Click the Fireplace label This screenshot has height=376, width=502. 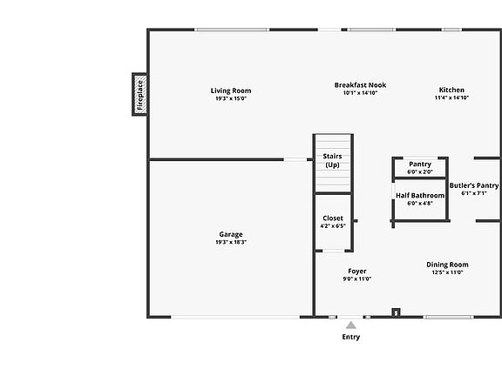tap(140, 95)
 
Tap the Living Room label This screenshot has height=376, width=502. tap(231, 91)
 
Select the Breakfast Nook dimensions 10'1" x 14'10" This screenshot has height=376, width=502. tap(360, 93)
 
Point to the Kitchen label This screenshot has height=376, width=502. tap(451, 90)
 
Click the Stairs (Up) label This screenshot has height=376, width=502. tap(332, 160)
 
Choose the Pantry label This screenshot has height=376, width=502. tap(420, 164)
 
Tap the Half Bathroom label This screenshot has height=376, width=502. tap(420, 195)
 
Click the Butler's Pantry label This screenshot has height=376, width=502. tap(474, 185)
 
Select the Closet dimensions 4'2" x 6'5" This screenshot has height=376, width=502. tap(333, 226)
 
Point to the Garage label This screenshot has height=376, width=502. tap(231, 235)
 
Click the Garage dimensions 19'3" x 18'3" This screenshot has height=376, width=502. tap(231, 242)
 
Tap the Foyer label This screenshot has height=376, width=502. tap(357, 272)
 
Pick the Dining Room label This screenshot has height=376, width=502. tap(447, 265)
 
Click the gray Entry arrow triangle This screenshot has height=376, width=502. tap(351, 326)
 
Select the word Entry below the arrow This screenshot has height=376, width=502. tap(351, 337)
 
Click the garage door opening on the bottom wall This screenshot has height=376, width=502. tap(235, 317)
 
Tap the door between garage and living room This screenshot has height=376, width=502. tap(295, 159)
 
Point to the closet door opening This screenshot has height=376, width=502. tap(333, 252)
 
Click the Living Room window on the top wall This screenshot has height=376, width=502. tap(232, 30)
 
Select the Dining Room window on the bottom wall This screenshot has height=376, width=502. tap(448, 317)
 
